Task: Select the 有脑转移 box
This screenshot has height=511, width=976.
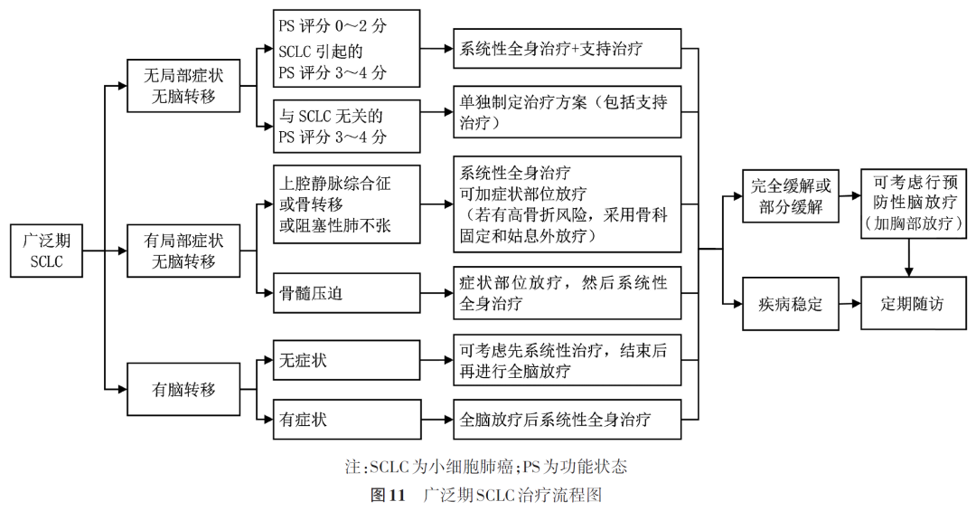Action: pos(183,390)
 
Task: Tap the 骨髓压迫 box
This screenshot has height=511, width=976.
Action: pos(346,293)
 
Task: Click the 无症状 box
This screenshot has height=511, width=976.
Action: pos(346,361)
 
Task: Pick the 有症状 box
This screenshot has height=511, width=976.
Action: pos(346,419)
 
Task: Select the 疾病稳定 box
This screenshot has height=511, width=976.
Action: pos(790,304)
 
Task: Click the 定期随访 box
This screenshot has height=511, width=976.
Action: pos(913,304)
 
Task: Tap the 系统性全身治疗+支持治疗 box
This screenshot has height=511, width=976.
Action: pos(567,49)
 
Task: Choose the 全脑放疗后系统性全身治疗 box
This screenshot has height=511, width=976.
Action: pos(567,419)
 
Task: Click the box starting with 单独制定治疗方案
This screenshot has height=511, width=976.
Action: pos(567,112)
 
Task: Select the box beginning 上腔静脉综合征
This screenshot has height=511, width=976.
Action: pos(346,204)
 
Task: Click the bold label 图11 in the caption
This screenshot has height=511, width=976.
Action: pos(390,495)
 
